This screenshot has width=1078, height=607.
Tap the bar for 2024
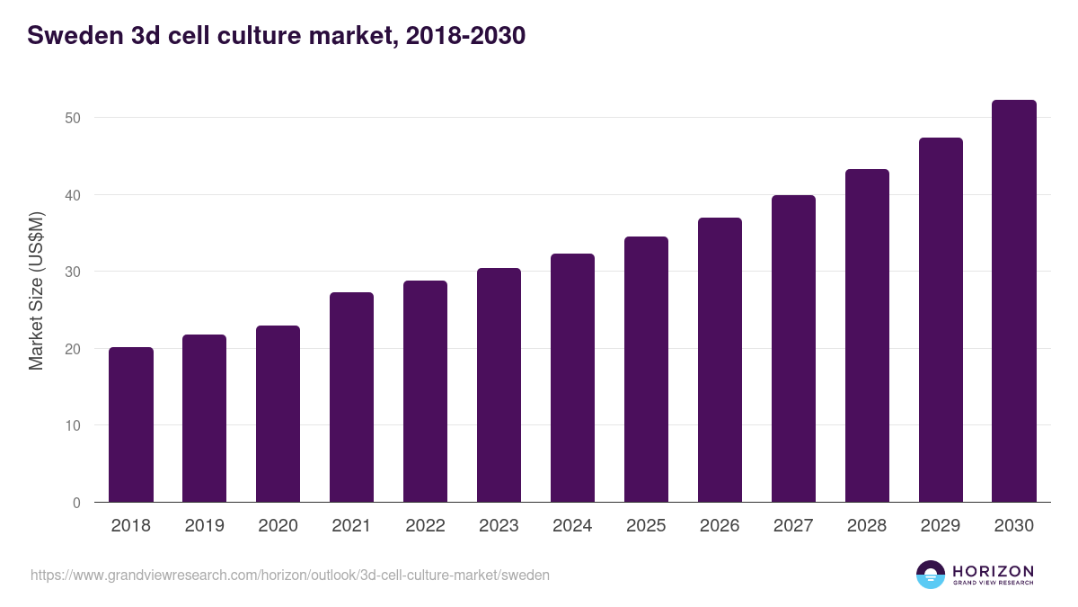(x=572, y=378)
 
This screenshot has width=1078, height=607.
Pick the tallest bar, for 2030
(x=1014, y=301)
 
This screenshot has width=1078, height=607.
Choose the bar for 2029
(x=941, y=320)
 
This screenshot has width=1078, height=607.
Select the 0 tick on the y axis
(x=76, y=503)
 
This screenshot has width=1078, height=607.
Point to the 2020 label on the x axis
(x=278, y=526)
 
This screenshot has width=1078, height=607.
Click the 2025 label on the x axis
(x=646, y=526)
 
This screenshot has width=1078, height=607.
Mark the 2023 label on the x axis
(x=499, y=526)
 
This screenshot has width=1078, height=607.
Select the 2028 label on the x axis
(x=867, y=526)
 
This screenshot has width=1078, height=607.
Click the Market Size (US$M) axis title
(x=37, y=290)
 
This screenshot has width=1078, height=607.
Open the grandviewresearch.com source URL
(x=290, y=575)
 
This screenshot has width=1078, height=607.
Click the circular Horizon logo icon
(x=931, y=575)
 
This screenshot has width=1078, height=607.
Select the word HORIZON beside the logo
(x=993, y=571)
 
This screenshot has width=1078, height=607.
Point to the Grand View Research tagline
(x=993, y=583)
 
